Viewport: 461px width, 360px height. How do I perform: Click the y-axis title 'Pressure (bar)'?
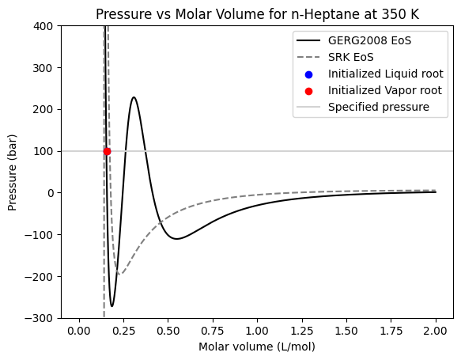click(x=13, y=172)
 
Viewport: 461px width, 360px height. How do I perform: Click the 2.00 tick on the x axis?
click(x=435, y=331)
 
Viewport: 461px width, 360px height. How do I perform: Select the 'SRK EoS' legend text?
click(x=351, y=58)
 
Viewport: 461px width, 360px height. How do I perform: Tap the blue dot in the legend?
click(x=308, y=74)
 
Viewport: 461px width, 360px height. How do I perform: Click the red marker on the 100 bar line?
click(x=107, y=151)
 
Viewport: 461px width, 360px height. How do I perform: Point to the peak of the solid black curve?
click(x=134, y=97)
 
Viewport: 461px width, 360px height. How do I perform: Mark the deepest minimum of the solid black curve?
click(x=112, y=306)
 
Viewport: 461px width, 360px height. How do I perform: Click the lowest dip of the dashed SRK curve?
click(x=119, y=275)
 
